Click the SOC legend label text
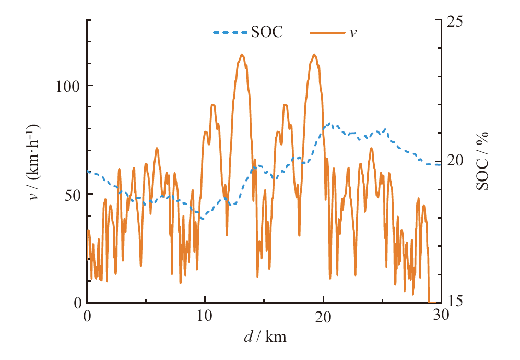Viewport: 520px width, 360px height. pos(267,32)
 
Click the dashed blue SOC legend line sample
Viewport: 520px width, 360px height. pos(230,33)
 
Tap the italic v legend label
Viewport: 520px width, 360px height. pos(353,33)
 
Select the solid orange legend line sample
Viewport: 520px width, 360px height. pos(327,33)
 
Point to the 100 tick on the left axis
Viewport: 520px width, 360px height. pos(68,86)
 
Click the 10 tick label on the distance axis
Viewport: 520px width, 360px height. pos(205,317)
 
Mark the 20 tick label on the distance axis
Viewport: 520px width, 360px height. pos(323,317)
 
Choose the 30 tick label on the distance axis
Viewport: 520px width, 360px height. pos(441,317)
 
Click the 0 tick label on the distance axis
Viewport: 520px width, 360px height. pos(87,317)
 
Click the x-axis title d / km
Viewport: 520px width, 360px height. pos(265,337)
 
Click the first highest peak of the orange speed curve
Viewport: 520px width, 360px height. pos(242,55)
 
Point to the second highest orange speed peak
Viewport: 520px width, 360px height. pos(314,55)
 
